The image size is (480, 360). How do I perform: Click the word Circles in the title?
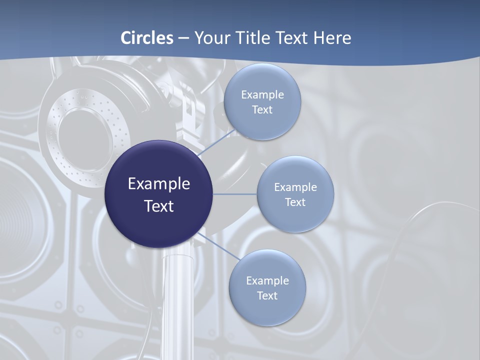tap(147, 38)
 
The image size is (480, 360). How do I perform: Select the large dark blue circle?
tap(159, 194)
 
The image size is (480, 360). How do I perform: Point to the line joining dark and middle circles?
tap(235, 194)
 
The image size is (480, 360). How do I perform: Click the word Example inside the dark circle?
tap(159, 184)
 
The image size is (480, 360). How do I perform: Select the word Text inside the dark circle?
tap(159, 206)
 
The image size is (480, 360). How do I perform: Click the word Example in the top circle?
tap(262, 95)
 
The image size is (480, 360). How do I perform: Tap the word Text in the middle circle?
tap(295, 202)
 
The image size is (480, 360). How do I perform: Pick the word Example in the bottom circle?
tap(267, 281)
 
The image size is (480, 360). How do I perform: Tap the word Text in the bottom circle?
tap(267, 296)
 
